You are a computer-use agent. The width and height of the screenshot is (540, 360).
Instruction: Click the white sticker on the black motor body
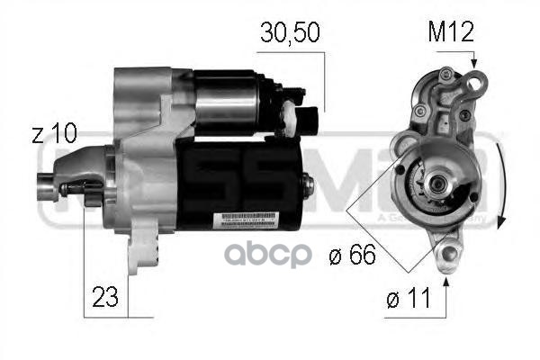(240, 219)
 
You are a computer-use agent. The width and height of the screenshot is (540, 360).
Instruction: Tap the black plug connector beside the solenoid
(310, 120)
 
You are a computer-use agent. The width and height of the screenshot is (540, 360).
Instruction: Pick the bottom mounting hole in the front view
(446, 255)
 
